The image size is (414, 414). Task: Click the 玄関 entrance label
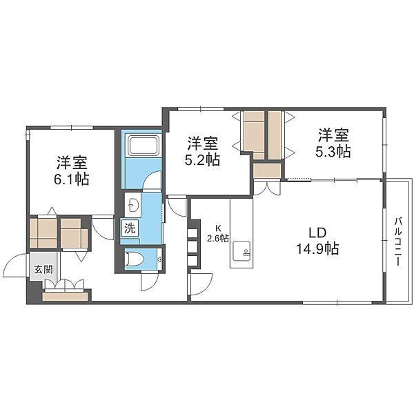[x=43, y=270]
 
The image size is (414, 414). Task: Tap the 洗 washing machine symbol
[x=130, y=228]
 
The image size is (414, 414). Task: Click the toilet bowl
[x=134, y=259]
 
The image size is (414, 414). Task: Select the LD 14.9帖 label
[x=318, y=241]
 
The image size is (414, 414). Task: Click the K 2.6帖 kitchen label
[x=218, y=233]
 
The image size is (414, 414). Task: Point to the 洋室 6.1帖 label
[x=71, y=170]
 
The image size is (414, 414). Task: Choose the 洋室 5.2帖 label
[x=203, y=151]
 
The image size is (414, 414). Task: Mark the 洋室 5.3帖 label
[x=333, y=143]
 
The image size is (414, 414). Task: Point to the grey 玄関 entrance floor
[x=43, y=266]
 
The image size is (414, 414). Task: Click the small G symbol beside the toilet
[x=159, y=259]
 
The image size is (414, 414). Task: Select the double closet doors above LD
[x=266, y=188]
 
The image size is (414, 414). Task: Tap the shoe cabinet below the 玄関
[x=65, y=296]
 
